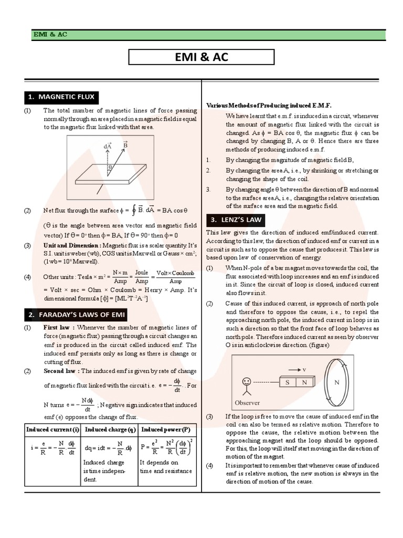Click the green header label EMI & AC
point(50,35)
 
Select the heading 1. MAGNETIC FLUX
point(62,97)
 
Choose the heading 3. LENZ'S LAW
point(236,220)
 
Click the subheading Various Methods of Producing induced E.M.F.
point(269,105)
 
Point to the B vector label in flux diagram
point(125,143)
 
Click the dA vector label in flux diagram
point(108,146)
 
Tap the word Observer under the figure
point(247,402)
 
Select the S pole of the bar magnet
point(288,383)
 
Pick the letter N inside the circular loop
point(336,382)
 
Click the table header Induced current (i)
point(53,429)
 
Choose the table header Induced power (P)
point(166,429)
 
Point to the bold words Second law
point(60,370)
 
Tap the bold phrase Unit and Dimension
point(72,245)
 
